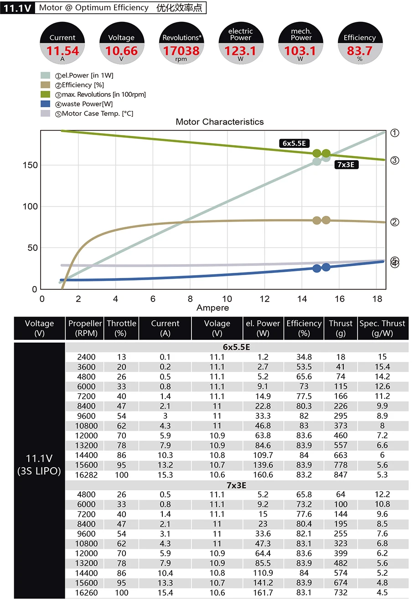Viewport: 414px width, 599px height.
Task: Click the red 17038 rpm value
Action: pos(181,51)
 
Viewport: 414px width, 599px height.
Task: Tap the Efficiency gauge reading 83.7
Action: pos(359,51)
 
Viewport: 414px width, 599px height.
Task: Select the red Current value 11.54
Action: pos(62,51)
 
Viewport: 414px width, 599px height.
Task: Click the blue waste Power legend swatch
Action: pos(46,104)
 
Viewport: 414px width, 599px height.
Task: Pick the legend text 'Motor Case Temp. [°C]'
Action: pos(98,114)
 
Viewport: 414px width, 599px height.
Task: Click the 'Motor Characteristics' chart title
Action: pos(220,122)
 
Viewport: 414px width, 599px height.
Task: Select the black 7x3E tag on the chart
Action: pos(347,165)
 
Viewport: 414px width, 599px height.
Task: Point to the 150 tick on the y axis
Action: pos(30,165)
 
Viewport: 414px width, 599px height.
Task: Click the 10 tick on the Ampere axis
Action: pos(227,299)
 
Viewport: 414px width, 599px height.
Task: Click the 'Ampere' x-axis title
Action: pos(212,308)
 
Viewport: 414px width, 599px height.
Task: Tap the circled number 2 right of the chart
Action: pos(395,222)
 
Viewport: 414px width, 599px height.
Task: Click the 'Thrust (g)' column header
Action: pos(341,328)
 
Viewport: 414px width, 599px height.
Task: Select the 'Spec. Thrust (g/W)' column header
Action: pos(382,328)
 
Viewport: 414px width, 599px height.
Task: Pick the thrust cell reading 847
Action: pos(341,475)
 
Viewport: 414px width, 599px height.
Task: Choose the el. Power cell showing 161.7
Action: pos(263,593)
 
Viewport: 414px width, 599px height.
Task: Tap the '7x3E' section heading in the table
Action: pos(237,485)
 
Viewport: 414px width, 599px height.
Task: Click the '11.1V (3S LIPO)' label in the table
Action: pos(39,465)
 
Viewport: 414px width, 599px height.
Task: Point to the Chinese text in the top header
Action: pos(179,8)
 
